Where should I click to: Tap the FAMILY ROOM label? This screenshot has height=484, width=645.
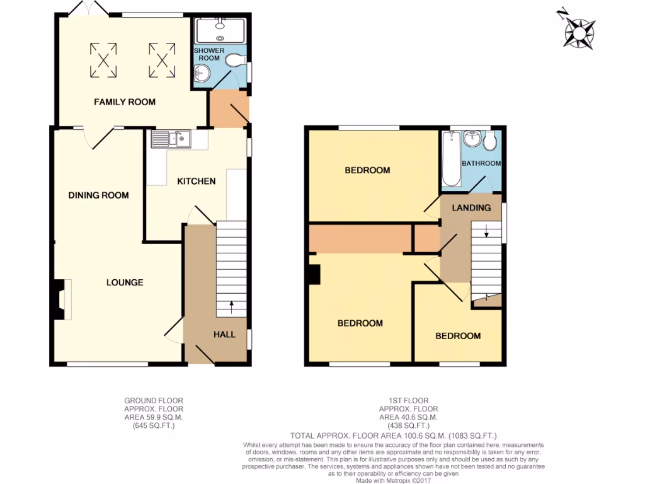pyautogui.click(x=125, y=101)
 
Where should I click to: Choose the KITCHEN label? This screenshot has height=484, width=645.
pyautogui.click(x=196, y=181)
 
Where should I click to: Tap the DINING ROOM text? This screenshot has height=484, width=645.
pyautogui.click(x=98, y=195)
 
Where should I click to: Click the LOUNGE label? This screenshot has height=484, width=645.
pyautogui.click(x=125, y=282)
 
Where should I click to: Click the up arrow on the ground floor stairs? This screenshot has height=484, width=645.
pyautogui.click(x=231, y=307)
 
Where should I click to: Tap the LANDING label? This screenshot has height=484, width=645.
pyautogui.click(x=471, y=208)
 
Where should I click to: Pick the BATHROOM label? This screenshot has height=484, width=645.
pyautogui.click(x=481, y=163)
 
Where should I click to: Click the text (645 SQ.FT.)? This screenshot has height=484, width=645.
pyautogui.click(x=154, y=426)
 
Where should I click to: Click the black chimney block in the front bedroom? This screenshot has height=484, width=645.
pyautogui.click(x=314, y=274)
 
